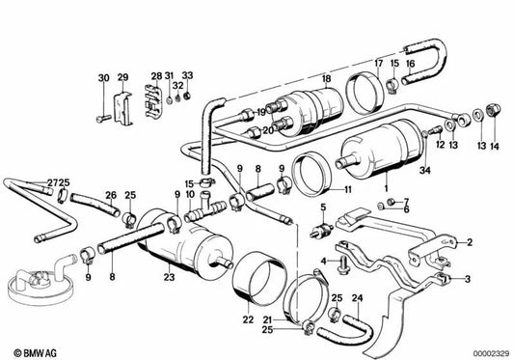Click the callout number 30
103,77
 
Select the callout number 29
122,77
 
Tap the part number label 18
326,77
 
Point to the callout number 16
410,64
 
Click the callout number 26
111,194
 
